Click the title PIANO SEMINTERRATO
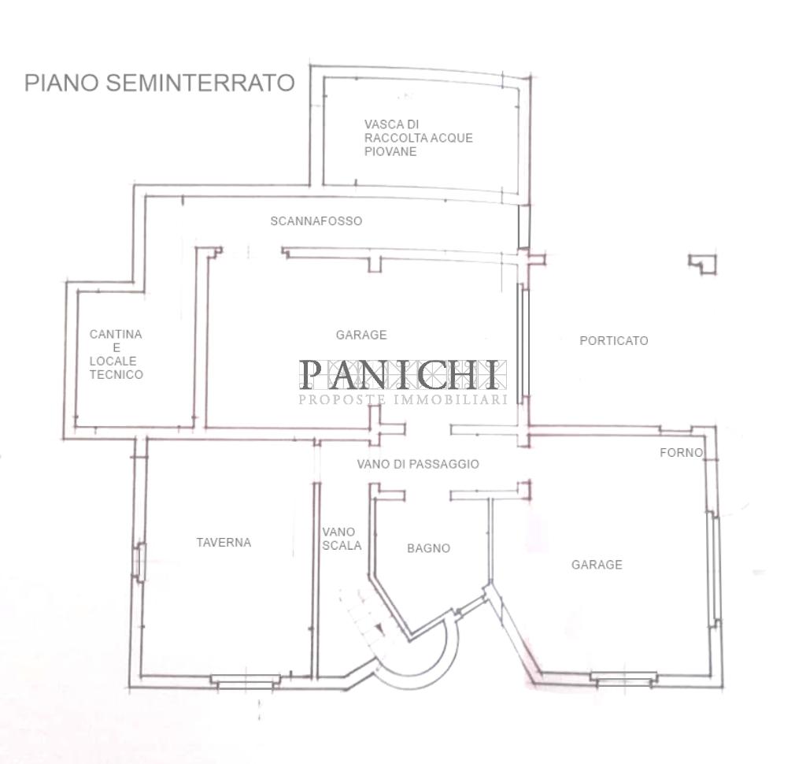click(x=159, y=83)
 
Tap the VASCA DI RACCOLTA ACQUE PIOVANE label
click(x=418, y=138)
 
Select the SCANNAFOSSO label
click(x=316, y=221)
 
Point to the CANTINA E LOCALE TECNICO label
click(x=116, y=354)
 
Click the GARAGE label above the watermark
click(x=361, y=335)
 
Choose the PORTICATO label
click(x=613, y=341)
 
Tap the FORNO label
click(x=681, y=453)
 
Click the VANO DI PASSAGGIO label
click(x=417, y=465)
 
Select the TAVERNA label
click(x=224, y=543)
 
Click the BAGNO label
click(x=428, y=548)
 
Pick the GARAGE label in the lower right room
click(x=597, y=565)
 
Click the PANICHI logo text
click(x=402, y=375)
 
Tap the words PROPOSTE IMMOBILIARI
click(x=402, y=400)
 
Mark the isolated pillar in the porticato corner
click(x=702, y=264)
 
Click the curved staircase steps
click(x=358, y=622)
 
